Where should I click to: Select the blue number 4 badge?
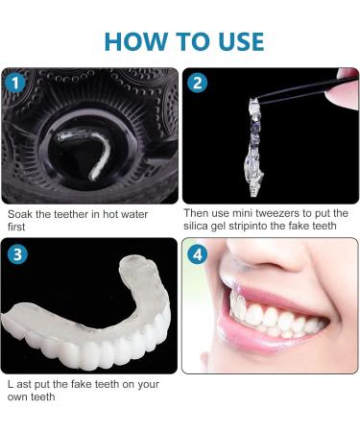(x=198, y=253)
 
